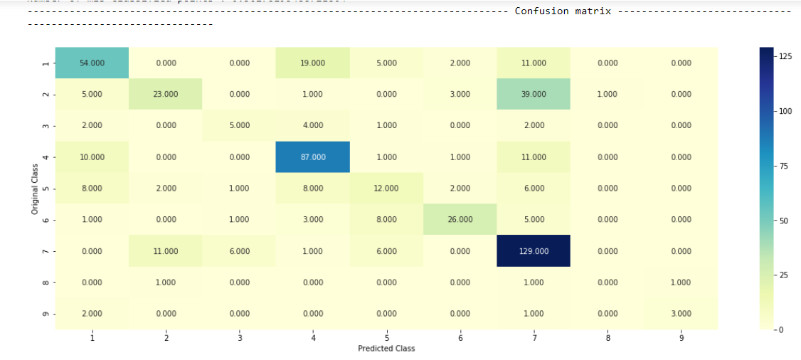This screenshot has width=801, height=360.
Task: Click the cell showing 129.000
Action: point(534,251)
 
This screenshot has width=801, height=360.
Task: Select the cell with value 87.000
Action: point(313,157)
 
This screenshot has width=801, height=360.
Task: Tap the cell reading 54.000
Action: point(92,63)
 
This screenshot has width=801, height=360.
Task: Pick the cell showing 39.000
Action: point(534,95)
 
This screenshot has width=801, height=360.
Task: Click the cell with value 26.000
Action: point(460,220)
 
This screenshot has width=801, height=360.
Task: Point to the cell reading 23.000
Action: point(166,95)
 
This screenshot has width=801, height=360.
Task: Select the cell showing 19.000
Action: point(313,63)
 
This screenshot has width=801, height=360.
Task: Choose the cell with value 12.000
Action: point(386,189)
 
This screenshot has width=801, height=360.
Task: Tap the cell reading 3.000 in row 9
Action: point(681,314)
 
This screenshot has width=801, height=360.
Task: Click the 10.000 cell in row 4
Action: point(92,157)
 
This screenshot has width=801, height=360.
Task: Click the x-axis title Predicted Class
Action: point(386,349)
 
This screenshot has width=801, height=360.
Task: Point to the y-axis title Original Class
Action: point(35,189)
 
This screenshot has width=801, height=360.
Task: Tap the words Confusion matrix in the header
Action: point(563,11)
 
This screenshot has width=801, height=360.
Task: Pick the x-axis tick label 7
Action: point(534,338)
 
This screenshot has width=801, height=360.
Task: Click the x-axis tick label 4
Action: point(313,338)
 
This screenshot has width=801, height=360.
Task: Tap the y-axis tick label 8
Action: point(46,282)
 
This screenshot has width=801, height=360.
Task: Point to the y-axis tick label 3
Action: point(46,126)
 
